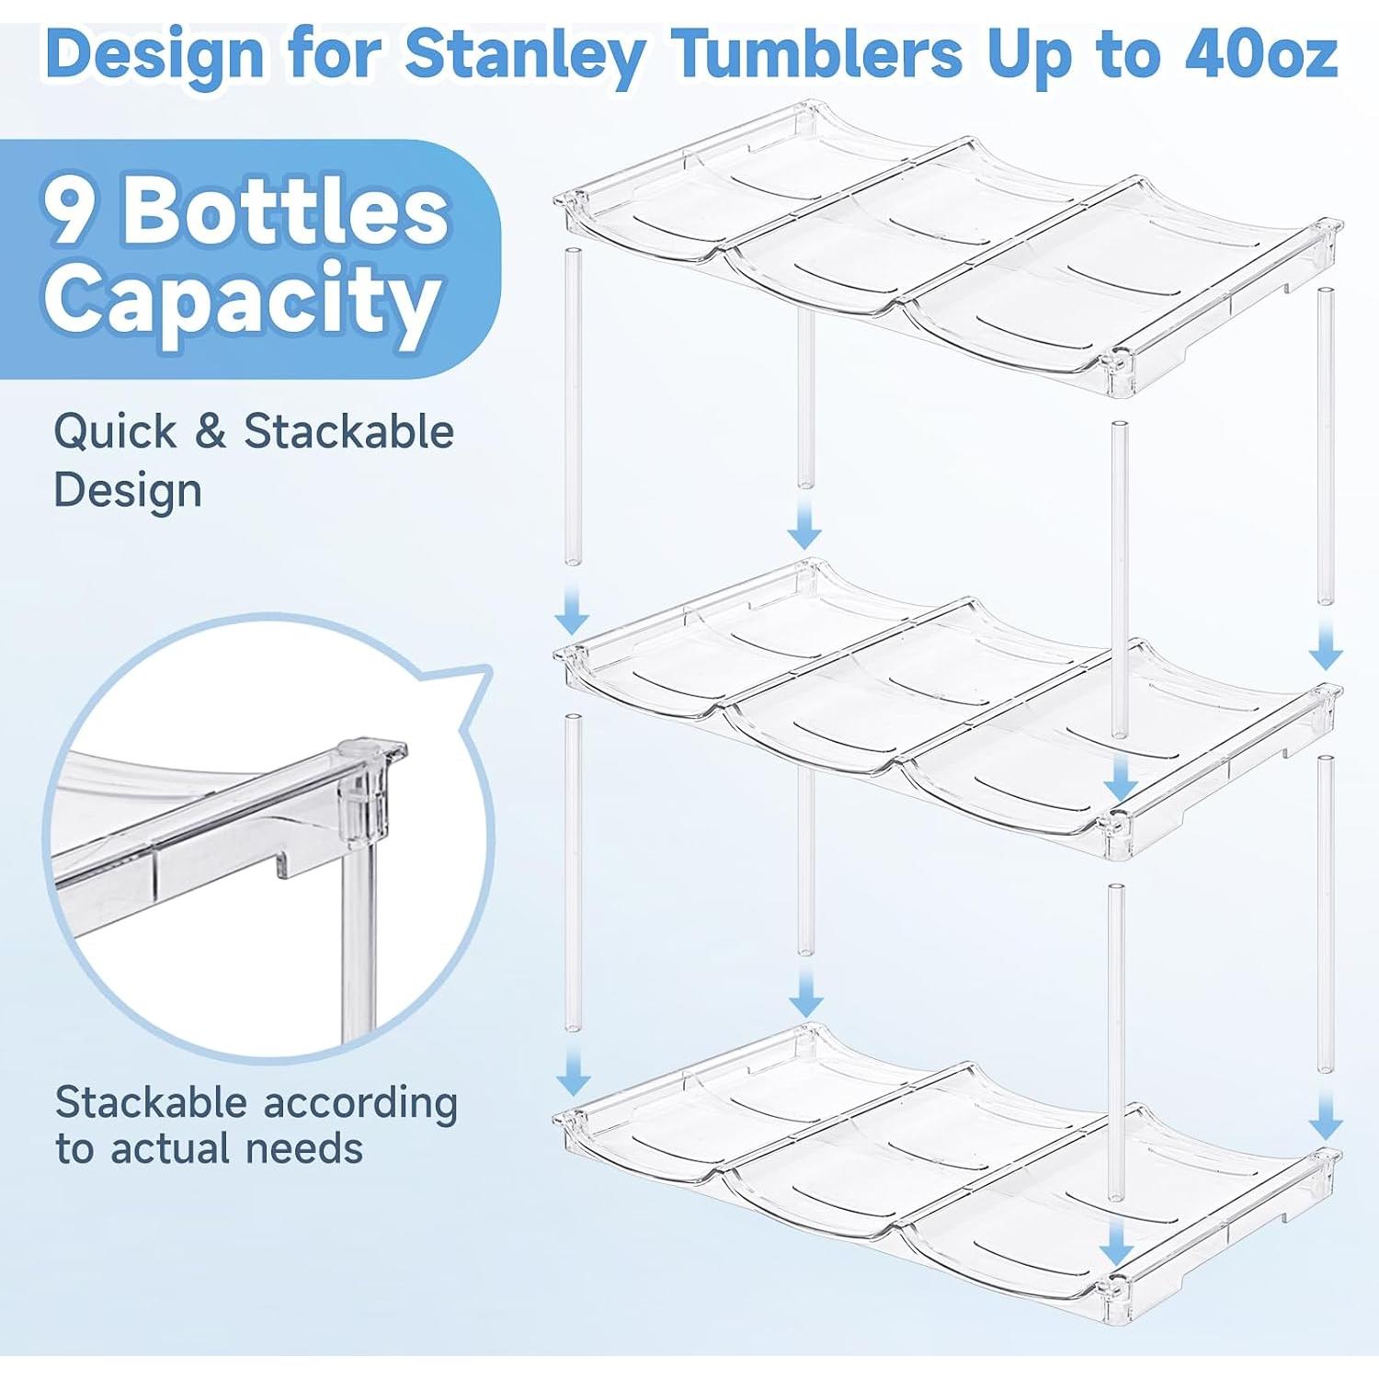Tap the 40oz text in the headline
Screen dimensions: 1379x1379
pyautogui.click(x=1259, y=55)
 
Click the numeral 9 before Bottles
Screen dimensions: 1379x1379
pyautogui.click(x=71, y=211)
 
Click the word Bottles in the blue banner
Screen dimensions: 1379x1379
pyautogui.click(x=285, y=211)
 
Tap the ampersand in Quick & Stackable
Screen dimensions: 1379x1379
pyautogui.click(x=210, y=432)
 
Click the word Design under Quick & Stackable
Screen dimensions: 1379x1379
pyautogui.click(x=127, y=490)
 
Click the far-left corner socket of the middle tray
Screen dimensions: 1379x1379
pyautogui.click(x=573, y=655)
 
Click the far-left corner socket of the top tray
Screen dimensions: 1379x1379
pyautogui.click(x=572, y=198)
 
